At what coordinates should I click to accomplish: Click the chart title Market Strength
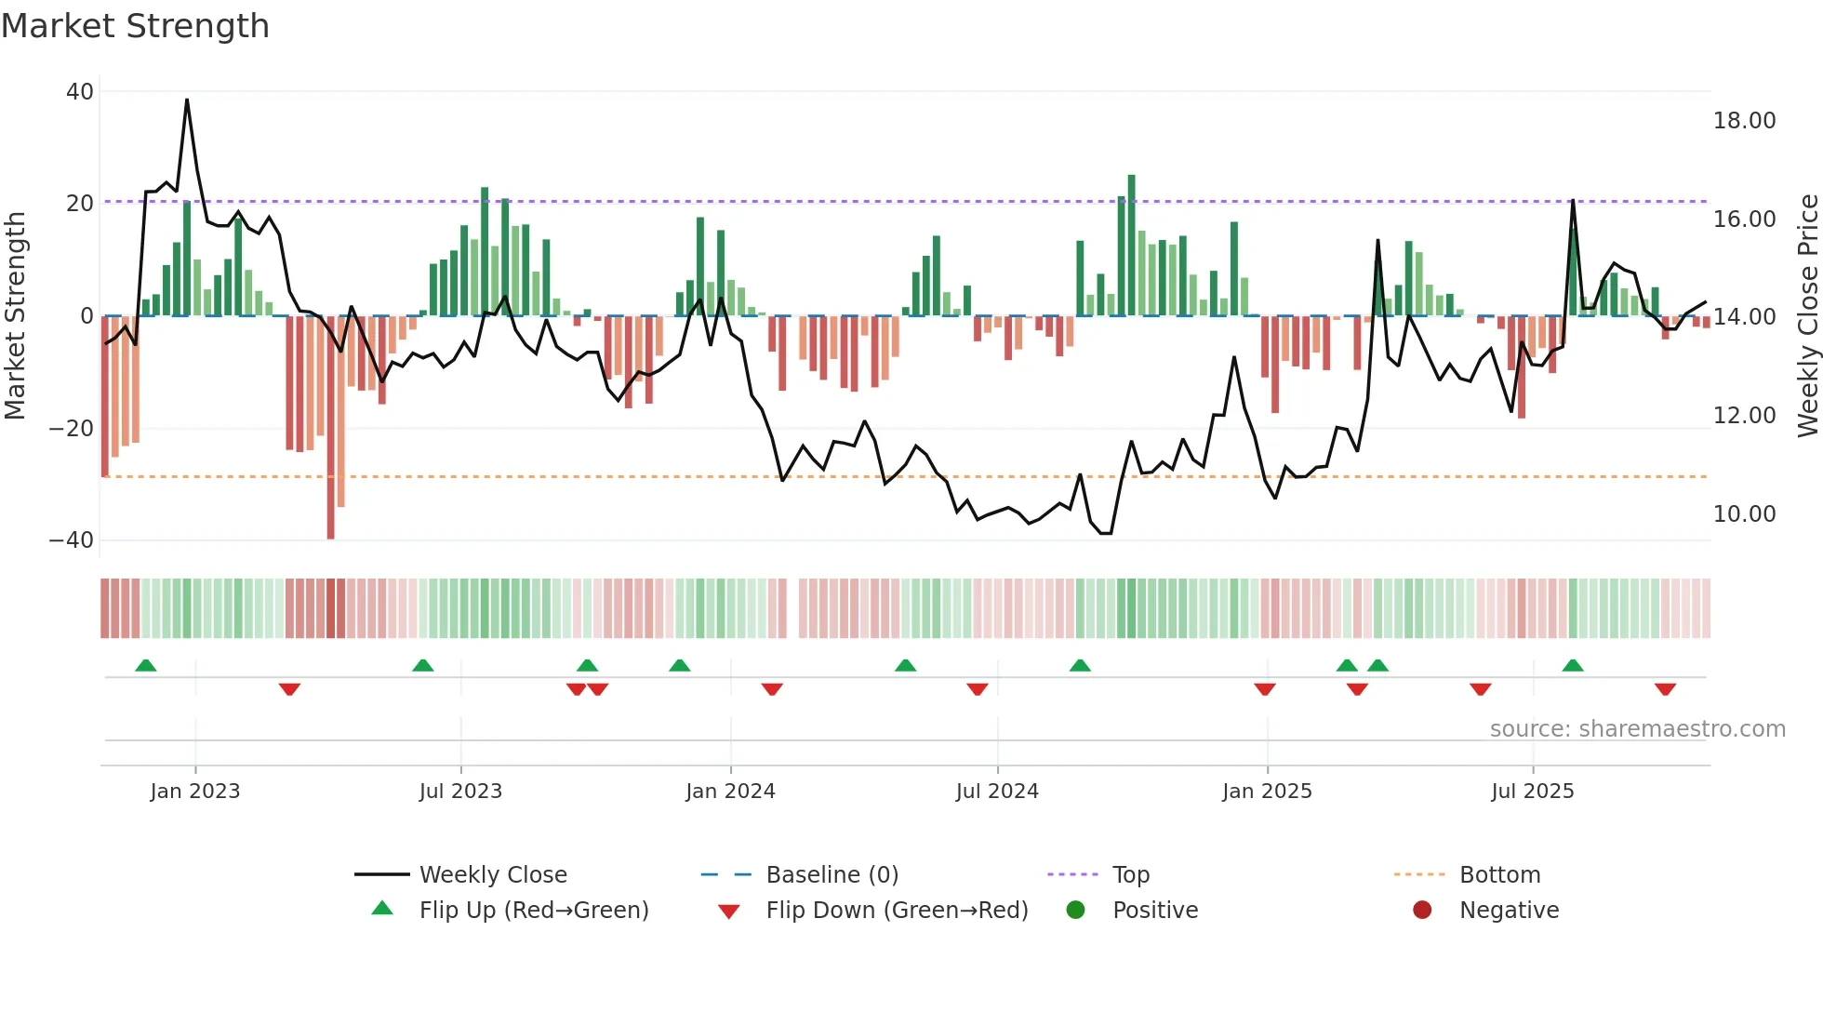pos(135,26)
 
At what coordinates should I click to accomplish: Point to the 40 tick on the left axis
pos(80,92)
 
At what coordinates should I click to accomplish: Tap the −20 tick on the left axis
pos(72,429)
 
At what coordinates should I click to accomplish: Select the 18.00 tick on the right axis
pos(1744,121)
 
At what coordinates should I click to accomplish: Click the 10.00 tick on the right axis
pos(1744,514)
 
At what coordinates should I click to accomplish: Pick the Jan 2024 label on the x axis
pos(730,792)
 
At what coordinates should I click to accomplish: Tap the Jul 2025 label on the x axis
pos(1532,792)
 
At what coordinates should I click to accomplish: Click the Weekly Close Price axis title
pos(1807,316)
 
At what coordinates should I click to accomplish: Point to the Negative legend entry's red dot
pos(1422,911)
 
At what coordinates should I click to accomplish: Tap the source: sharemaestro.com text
pos(1637,729)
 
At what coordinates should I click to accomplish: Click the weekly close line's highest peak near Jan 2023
pos(187,100)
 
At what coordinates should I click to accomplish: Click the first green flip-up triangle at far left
pos(146,666)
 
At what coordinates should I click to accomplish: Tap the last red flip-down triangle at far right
pos(1665,689)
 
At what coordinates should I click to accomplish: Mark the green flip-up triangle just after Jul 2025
pos(1573,666)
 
